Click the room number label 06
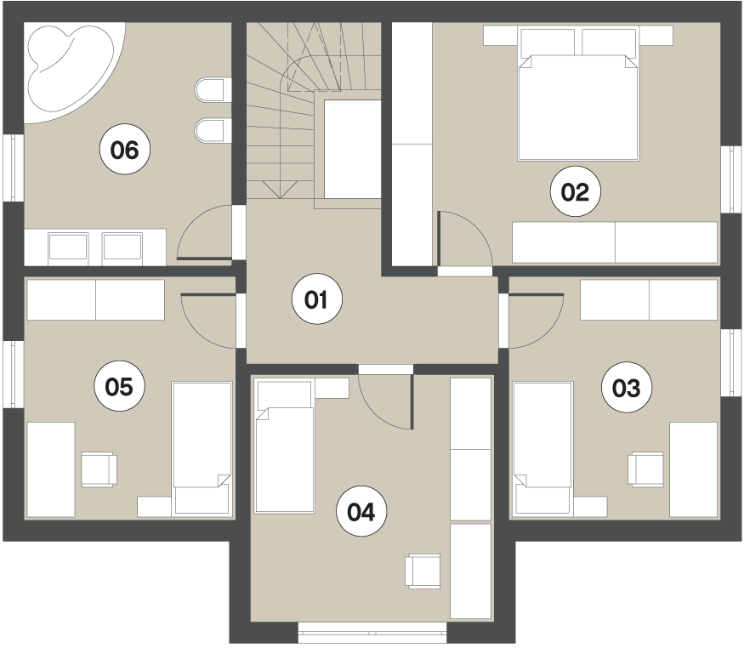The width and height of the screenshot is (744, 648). click(x=125, y=150)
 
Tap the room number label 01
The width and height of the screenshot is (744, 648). click(x=316, y=299)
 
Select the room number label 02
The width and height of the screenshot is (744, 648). click(x=575, y=191)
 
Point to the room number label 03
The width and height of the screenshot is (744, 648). click(x=627, y=388)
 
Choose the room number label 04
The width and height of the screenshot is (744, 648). click(x=361, y=512)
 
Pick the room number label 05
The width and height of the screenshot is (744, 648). click(x=119, y=386)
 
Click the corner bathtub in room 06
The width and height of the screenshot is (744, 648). click(x=71, y=71)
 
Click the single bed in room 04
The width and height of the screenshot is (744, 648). click(x=285, y=446)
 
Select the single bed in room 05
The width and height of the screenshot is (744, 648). click(x=202, y=448)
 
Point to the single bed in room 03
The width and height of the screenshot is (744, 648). click(x=542, y=448)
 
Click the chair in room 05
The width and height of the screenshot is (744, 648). click(x=99, y=469)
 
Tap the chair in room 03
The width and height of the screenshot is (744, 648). click(x=645, y=469)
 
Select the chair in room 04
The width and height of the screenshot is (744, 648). click(x=423, y=571)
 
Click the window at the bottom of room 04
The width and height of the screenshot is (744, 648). click(x=372, y=633)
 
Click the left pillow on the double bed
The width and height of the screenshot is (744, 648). click(x=548, y=43)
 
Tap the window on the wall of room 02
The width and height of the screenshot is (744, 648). click(x=730, y=179)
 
